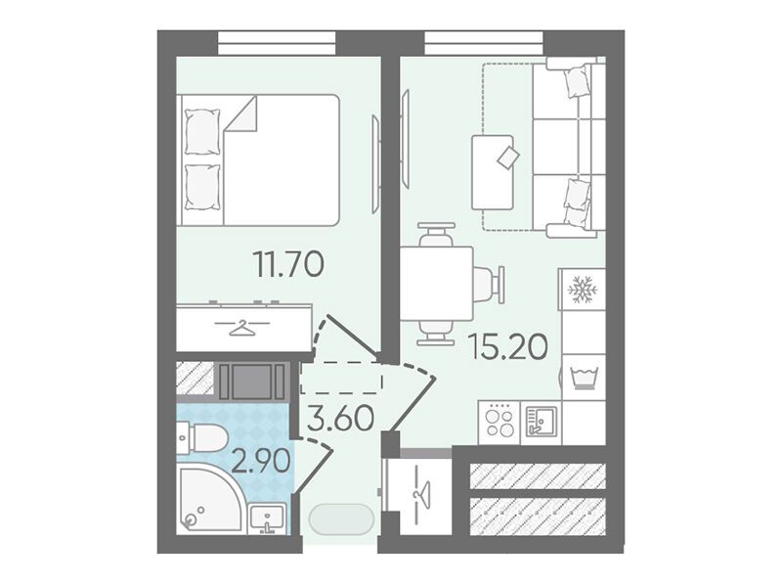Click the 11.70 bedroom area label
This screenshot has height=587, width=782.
tap(289, 264)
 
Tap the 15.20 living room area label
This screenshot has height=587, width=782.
tap(508, 347)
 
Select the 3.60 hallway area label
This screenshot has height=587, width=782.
tap(340, 419)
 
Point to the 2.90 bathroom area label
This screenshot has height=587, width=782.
tap(261, 460)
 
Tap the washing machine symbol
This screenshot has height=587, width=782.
tap(583, 378)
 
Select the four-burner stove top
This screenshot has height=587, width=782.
tap(499, 423)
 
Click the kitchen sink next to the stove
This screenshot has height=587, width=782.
tap(540, 423)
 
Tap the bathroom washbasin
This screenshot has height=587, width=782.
tap(268, 519)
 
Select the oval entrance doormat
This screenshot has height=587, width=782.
tap(341, 519)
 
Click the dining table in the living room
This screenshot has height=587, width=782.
tap(437, 284)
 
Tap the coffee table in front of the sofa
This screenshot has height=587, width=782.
tap(493, 173)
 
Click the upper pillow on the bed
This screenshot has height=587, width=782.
tap(202, 131)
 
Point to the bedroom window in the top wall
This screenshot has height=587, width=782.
tap(277, 43)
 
